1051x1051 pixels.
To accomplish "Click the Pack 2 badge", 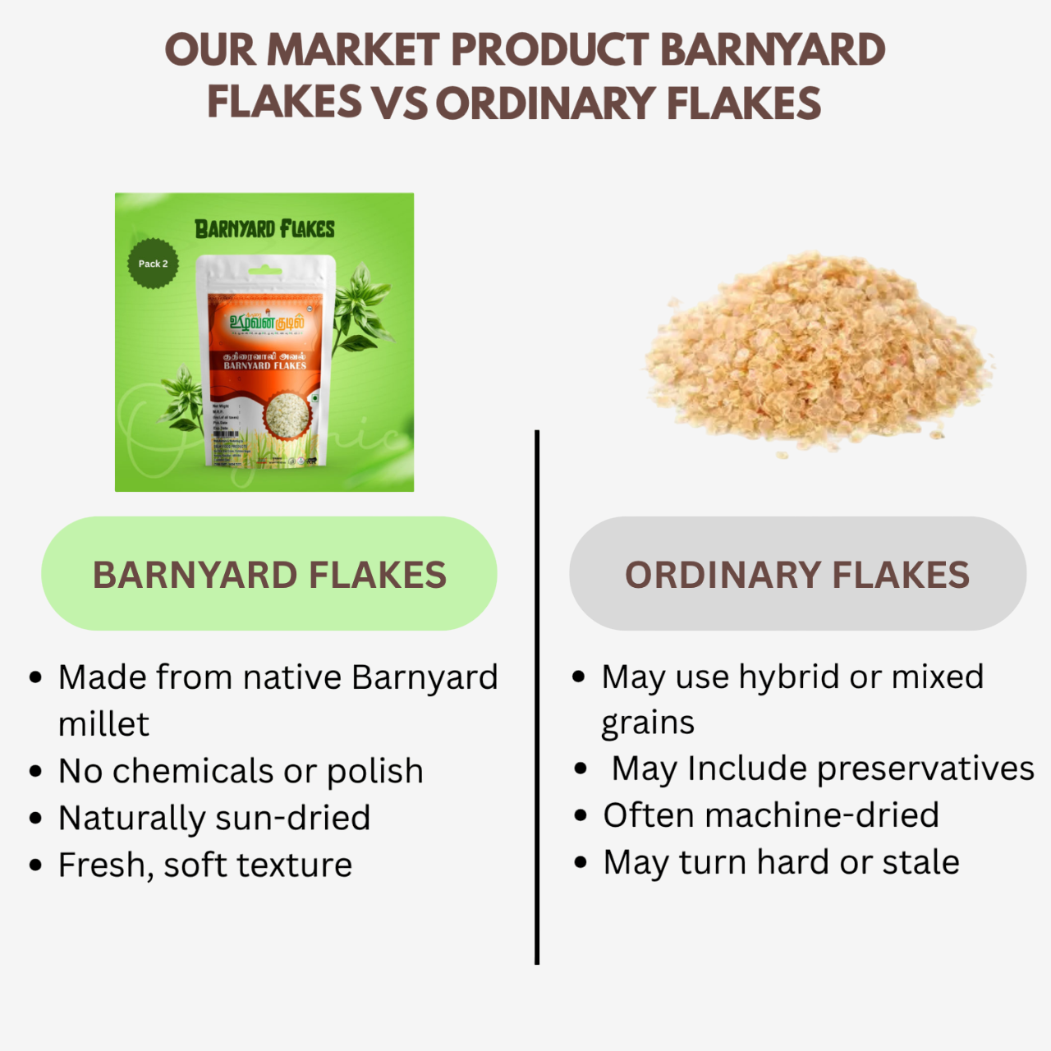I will (153, 264).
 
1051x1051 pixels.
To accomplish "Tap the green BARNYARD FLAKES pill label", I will (269, 574).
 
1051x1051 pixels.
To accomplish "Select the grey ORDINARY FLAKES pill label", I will (797, 574).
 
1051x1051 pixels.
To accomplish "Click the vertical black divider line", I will (537, 698).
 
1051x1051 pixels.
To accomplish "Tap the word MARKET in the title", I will (353, 50).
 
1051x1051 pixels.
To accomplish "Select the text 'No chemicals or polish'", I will (241, 771).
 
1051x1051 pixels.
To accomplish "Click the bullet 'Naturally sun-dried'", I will (214, 818).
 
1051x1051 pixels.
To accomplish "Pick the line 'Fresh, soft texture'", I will (205, 865).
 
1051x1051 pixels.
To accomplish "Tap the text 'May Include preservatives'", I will (823, 769).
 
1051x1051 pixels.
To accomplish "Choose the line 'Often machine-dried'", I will (771, 815).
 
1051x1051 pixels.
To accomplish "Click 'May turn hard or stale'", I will (781, 862).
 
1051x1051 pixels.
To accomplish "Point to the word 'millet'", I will (103, 724).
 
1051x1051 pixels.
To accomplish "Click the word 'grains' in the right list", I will (648, 723).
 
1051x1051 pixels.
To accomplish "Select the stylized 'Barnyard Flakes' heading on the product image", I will (264, 228).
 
